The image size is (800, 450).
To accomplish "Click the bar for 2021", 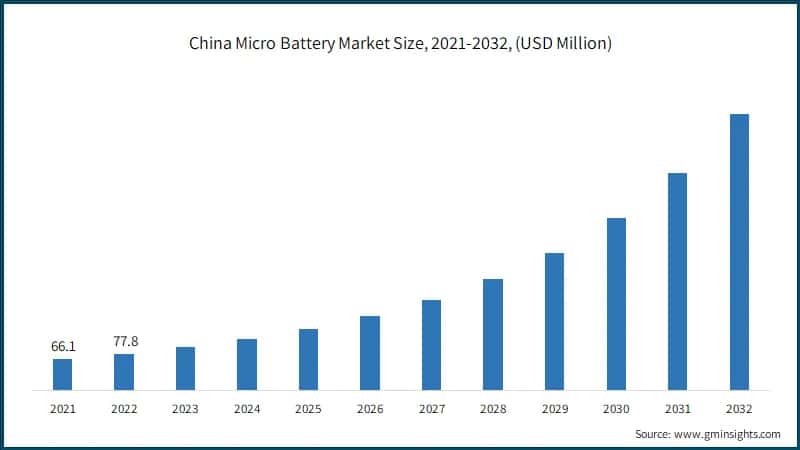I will (x=62, y=374).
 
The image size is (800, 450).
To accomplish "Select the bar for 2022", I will (x=123, y=371).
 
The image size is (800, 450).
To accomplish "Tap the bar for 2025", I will (x=308, y=359).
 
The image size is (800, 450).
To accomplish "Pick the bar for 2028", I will (x=493, y=334).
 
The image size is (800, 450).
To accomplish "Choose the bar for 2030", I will (x=616, y=303).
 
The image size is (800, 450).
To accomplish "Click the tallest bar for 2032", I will (x=739, y=251).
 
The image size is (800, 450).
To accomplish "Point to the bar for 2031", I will (x=678, y=281).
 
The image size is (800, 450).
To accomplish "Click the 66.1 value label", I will (x=63, y=346).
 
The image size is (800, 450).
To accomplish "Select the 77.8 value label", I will (x=124, y=341).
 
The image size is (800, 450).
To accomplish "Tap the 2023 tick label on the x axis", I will (x=185, y=408).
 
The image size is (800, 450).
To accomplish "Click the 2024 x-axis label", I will (x=247, y=408).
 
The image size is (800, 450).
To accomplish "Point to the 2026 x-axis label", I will (x=370, y=408).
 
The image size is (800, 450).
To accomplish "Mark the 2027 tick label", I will (x=431, y=408).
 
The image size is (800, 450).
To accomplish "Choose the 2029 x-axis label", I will (x=555, y=408).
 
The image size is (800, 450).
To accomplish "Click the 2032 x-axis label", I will (x=739, y=408).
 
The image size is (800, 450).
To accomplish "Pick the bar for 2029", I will (x=555, y=321).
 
